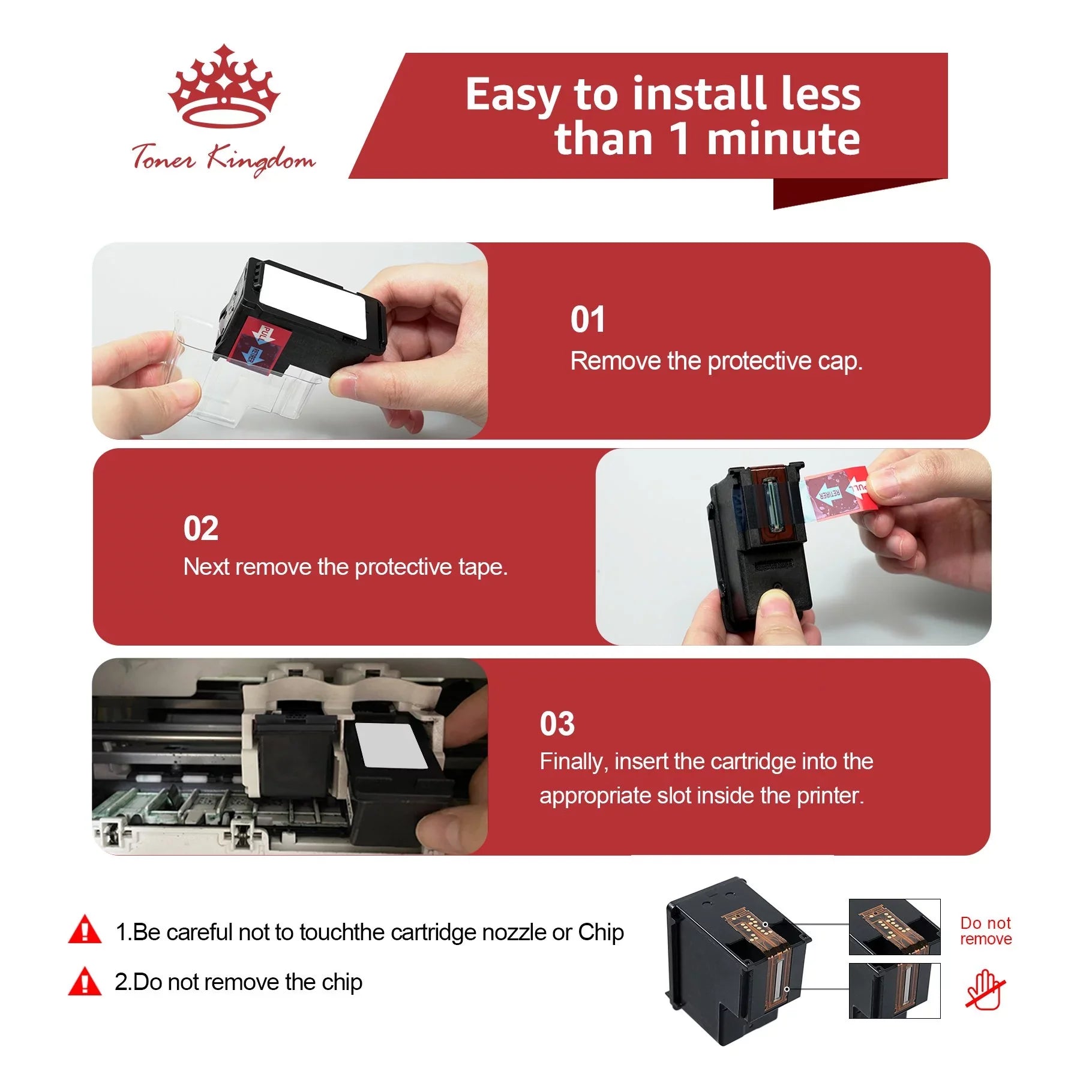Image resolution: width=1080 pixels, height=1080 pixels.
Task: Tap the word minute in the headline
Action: pyautogui.click(x=784, y=139)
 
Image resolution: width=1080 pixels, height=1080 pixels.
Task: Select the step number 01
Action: pyautogui.click(x=587, y=319)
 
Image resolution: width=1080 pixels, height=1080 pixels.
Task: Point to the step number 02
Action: pyautogui.click(x=201, y=529)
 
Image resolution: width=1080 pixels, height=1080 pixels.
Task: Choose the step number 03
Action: pyautogui.click(x=557, y=724)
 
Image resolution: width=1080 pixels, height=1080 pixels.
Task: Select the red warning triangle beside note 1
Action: pyautogui.click(x=85, y=929)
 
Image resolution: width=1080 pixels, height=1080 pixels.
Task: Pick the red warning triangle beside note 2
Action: pyautogui.click(x=85, y=980)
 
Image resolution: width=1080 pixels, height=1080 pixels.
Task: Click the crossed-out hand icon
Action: pyautogui.click(x=985, y=991)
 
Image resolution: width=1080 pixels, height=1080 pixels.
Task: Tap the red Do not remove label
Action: pyautogui.click(x=986, y=931)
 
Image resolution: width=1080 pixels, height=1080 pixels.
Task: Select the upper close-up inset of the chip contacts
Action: pyautogui.click(x=895, y=926)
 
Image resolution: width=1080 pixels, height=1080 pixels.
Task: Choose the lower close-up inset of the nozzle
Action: pyautogui.click(x=895, y=991)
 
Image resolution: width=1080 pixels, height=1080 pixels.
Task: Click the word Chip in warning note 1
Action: pyautogui.click(x=601, y=932)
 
